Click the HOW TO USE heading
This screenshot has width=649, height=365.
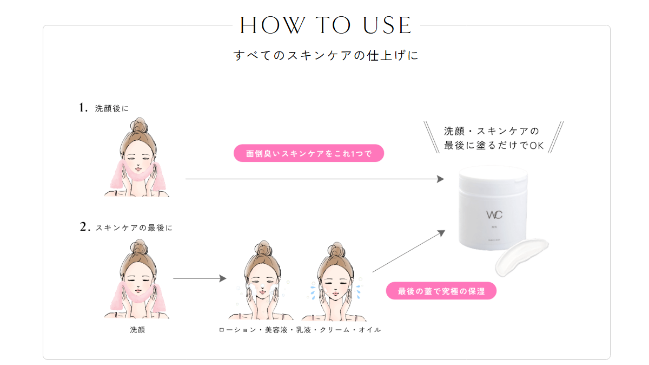coord(326,25)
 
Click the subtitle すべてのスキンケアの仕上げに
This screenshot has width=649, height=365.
coord(326,56)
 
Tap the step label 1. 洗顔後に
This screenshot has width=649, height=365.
coord(104,108)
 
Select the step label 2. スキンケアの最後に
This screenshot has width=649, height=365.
coord(126,227)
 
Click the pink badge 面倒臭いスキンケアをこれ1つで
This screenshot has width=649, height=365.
coord(308,153)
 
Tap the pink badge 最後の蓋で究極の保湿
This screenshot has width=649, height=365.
coord(441,291)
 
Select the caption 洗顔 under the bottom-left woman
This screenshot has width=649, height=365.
coord(137,329)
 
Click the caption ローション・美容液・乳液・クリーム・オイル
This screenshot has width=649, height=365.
coord(300,329)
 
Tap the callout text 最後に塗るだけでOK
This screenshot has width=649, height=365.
coord(493,146)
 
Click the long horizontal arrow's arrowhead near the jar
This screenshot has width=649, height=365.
coord(440,179)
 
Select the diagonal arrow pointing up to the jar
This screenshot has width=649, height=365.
coord(408,251)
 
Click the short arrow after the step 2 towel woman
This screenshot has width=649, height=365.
coord(199,278)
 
